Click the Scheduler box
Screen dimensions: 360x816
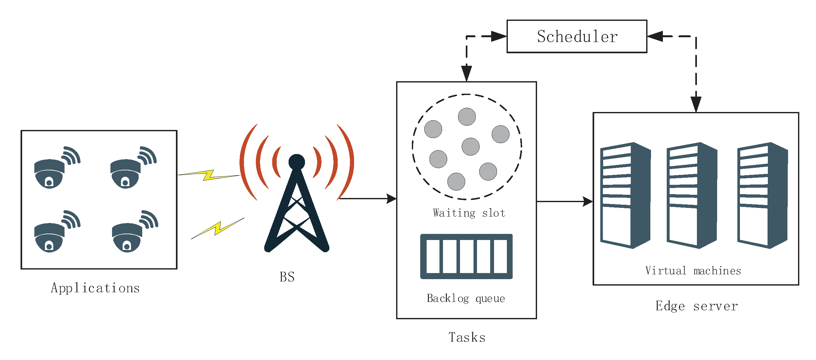[x=577, y=36]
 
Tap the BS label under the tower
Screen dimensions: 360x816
[x=287, y=277]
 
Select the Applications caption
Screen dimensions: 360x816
[x=95, y=288]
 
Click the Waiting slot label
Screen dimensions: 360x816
[x=469, y=213]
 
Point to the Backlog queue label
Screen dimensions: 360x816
[x=466, y=298]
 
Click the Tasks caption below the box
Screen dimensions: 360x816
[x=467, y=338]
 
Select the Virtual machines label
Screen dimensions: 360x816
[x=693, y=271]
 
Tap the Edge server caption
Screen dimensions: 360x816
[x=696, y=306]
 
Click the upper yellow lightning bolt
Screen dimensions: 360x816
[x=209, y=175]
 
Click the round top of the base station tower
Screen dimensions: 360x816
[x=297, y=162]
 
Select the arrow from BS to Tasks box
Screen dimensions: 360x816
[x=368, y=199]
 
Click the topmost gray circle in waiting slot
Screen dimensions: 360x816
[x=467, y=117]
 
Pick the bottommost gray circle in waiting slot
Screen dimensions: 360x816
[x=456, y=182]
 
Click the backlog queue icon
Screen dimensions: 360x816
[x=466, y=256]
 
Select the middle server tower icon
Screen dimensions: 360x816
[x=692, y=196]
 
